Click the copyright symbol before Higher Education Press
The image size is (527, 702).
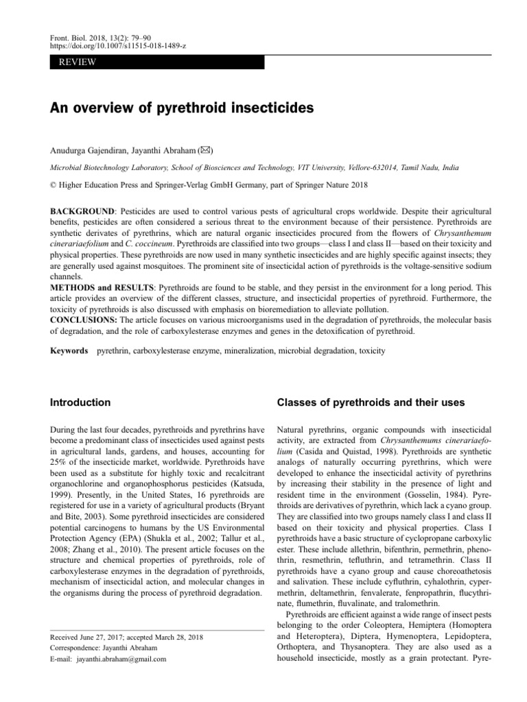(x=54, y=184)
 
